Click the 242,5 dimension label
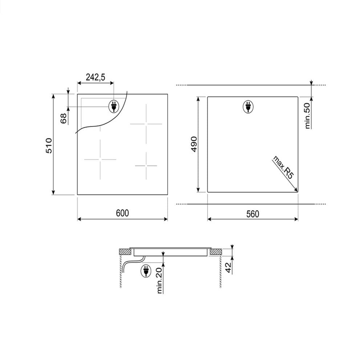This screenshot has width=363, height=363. pyautogui.click(x=95, y=77)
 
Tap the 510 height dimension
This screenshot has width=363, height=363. pyautogui.click(x=49, y=146)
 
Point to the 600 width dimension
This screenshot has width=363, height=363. pyautogui.click(x=122, y=213)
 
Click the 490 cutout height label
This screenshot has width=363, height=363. pyautogui.click(x=194, y=144)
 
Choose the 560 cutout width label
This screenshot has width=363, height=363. pyautogui.click(x=253, y=214)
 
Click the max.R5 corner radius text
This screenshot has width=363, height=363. pyautogui.click(x=283, y=167)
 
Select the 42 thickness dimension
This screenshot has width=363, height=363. pyautogui.click(x=228, y=268)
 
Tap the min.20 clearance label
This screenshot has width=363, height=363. pyautogui.click(x=159, y=281)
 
